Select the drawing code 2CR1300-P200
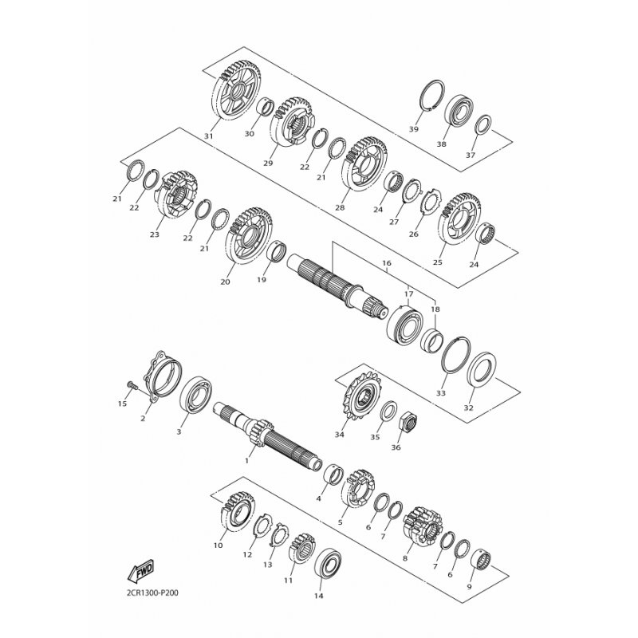149,593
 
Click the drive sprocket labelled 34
361,396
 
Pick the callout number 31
209,136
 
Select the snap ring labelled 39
432,95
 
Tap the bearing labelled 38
458,109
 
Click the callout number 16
387,263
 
